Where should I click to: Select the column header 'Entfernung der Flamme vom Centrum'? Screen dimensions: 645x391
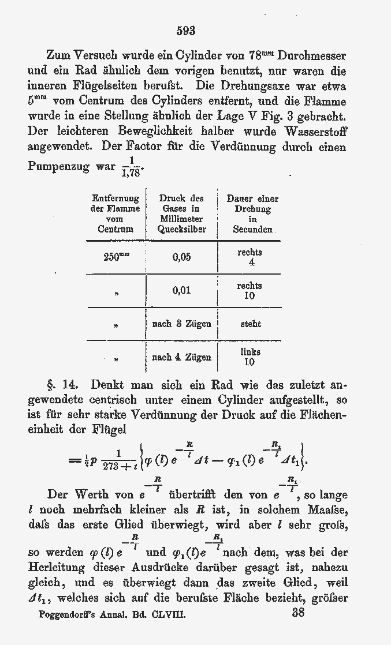(x=116, y=213)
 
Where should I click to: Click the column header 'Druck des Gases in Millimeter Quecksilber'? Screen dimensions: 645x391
(x=181, y=213)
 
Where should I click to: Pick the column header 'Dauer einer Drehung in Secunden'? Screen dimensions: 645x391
(x=252, y=213)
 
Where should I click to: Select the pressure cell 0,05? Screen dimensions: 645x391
(x=181, y=257)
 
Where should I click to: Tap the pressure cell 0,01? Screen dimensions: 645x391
(x=181, y=291)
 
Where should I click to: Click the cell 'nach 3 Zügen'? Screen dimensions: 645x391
(x=181, y=324)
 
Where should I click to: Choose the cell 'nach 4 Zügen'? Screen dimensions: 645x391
(x=181, y=358)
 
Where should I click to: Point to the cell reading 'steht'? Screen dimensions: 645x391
(x=250, y=324)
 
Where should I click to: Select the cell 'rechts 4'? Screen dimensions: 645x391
(x=250, y=257)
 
